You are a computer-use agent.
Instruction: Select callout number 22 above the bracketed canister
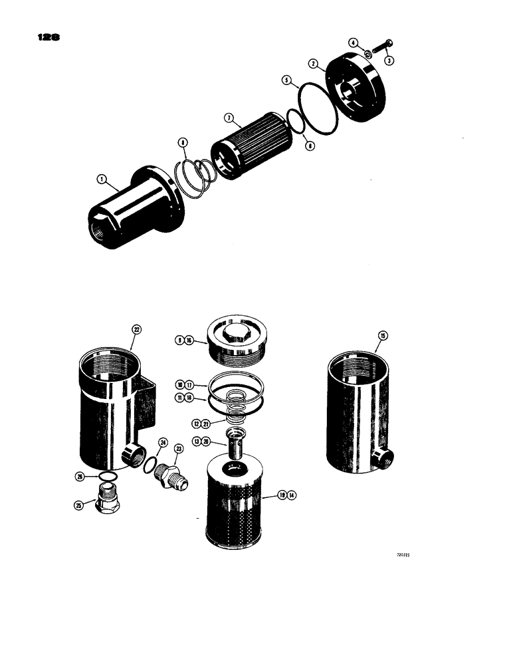[x=136, y=329]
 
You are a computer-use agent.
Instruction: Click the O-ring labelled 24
[x=152, y=464]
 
